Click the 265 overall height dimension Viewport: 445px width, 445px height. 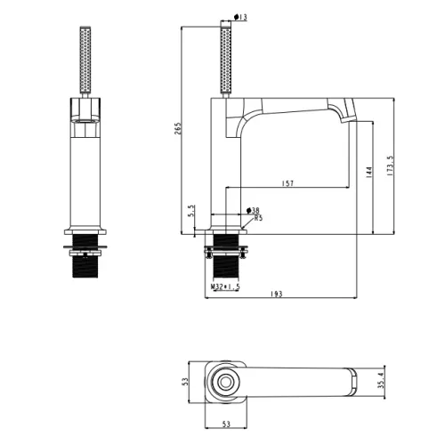(x=178, y=128)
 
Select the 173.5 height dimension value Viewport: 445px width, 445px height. (x=391, y=166)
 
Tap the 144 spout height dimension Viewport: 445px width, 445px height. (x=369, y=173)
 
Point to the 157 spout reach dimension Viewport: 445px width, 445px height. (x=287, y=183)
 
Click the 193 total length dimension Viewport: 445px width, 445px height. (x=277, y=294)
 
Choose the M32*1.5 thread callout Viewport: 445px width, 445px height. (x=225, y=287)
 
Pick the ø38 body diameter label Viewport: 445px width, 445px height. (x=253, y=211)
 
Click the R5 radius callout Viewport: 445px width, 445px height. (x=258, y=218)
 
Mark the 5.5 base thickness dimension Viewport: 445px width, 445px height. (x=191, y=210)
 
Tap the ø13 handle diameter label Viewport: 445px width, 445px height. (x=240, y=17)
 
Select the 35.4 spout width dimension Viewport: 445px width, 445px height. (x=382, y=381)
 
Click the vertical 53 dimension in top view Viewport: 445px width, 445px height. (x=185, y=382)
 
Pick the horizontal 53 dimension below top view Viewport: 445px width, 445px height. (x=226, y=425)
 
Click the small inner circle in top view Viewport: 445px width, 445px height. (x=225, y=382)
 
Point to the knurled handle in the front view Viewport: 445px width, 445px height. (x=85, y=61)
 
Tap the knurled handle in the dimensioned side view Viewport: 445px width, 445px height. (x=226, y=61)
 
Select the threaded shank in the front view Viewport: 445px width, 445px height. (x=85, y=255)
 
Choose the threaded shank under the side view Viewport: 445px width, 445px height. (x=226, y=255)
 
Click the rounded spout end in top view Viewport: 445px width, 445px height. (x=352, y=383)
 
